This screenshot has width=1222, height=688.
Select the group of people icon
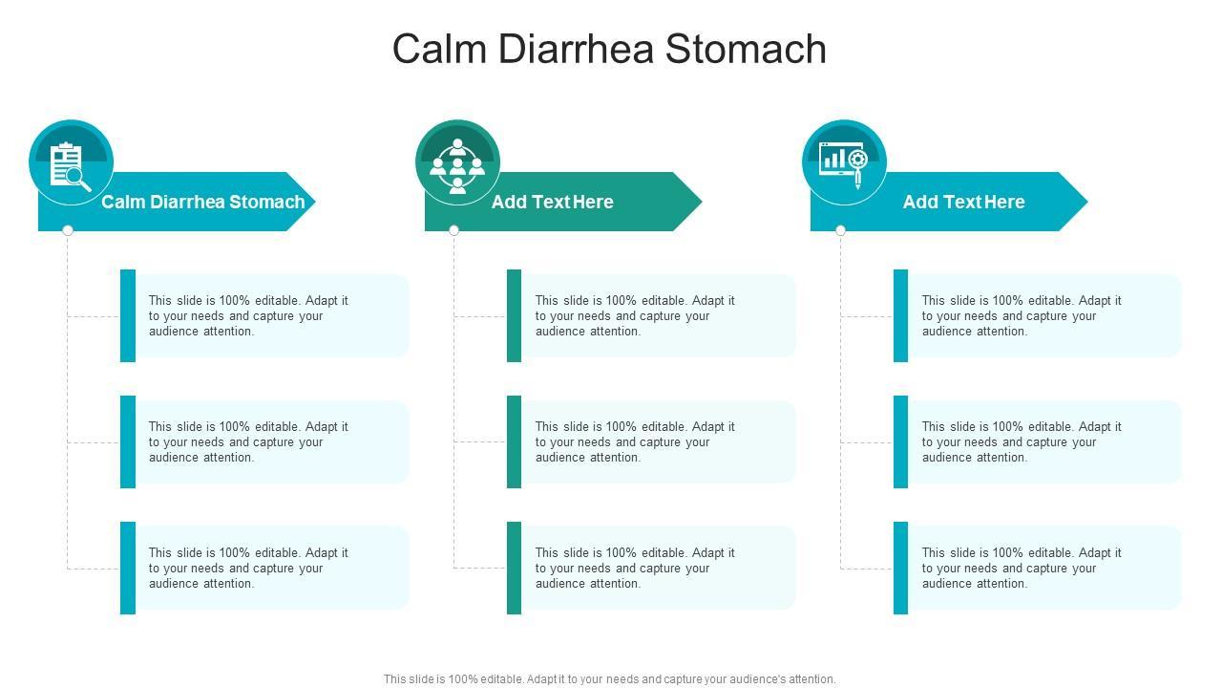coord(457,163)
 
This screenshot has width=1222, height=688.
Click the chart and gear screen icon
coord(844,163)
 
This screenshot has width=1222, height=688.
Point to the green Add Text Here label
coord(552,202)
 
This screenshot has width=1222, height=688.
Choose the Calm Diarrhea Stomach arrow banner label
coord(202,202)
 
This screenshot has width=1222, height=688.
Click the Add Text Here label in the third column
coord(963,202)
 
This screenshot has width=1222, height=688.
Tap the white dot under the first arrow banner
coord(68,230)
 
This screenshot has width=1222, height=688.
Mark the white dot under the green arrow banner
coord(454,230)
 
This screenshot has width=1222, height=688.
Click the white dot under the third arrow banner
coord(840,230)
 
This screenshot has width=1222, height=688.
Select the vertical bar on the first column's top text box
coord(128,315)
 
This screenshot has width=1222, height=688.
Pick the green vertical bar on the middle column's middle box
coord(514,441)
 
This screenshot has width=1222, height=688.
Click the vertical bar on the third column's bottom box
coord(900,568)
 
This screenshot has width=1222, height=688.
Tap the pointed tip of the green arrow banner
coord(699,202)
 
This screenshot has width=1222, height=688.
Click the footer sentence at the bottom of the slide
coord(609,679)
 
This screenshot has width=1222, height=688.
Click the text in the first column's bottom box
coord(248,568)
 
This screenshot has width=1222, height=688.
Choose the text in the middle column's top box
coord(635,315)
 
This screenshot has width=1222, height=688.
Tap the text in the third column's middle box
coord(1022,441)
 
